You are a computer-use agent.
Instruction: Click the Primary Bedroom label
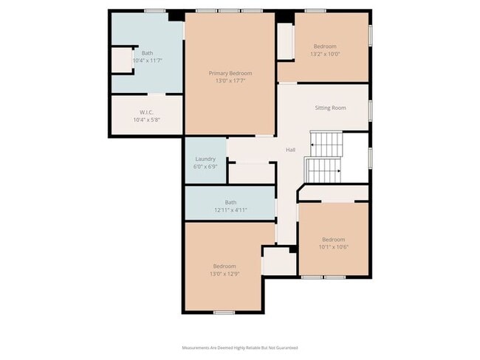[230, 73]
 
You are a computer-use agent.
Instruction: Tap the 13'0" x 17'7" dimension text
[230, 80]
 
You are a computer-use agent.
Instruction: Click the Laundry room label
[205, 159]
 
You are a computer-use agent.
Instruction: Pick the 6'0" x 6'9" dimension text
[205, 166]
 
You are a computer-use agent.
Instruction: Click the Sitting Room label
[330, 108]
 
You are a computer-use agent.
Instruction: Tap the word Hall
[291, 150]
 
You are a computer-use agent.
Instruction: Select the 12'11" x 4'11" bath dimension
[230, 210]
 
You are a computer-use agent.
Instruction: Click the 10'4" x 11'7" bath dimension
[147, 60]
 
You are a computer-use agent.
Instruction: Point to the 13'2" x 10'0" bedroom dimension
[326, 53]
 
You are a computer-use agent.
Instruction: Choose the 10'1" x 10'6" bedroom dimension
[333, 246]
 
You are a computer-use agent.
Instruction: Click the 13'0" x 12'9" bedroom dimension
[224, 274]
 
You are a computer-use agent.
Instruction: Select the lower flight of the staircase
[322, 170]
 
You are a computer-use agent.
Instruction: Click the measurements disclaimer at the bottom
[240, 347]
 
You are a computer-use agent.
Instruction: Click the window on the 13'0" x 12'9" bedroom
[224, 313]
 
